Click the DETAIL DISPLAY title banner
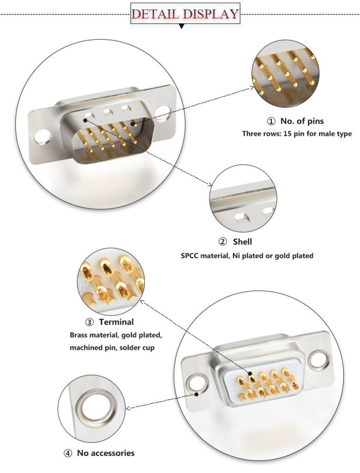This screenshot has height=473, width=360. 185,13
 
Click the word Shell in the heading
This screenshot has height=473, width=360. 242,242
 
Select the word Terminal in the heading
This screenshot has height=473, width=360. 116,322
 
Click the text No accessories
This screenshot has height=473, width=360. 106,453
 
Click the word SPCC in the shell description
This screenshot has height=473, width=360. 190,255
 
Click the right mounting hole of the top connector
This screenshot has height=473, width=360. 163,114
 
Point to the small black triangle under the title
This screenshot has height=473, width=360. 181,27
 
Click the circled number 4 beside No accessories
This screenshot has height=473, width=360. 68,453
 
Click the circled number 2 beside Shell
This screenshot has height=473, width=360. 222,242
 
